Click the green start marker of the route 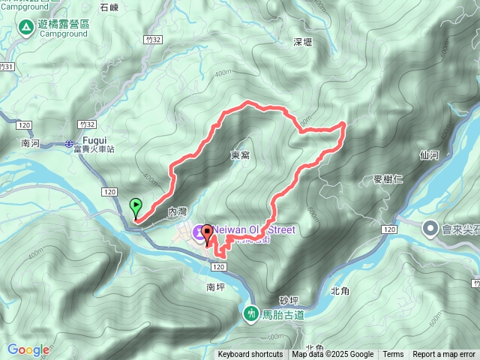coord(136,205)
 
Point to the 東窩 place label coord(240,154)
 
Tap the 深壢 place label coord(303,42)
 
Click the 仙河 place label coord(429,155)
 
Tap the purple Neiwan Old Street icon coord(200,233)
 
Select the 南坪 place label coord(215,286)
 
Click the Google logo coord(28,349)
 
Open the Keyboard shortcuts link coord(250,355)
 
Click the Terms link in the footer coord(393,355)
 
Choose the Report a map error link coord(445,355)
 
